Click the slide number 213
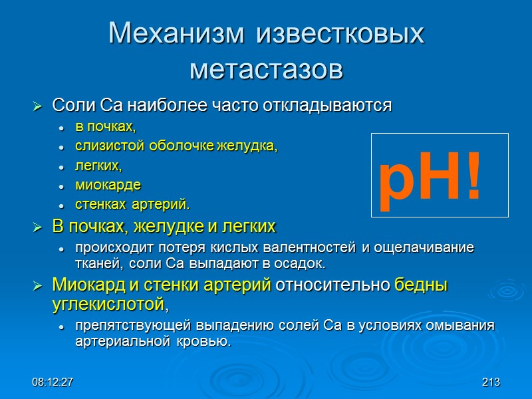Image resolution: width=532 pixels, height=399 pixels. point(491,382)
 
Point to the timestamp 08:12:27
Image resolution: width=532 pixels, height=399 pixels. point(53,382)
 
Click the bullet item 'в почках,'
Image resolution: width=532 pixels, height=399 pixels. point(105,126)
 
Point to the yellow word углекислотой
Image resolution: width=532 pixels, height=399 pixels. point(108,305)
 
